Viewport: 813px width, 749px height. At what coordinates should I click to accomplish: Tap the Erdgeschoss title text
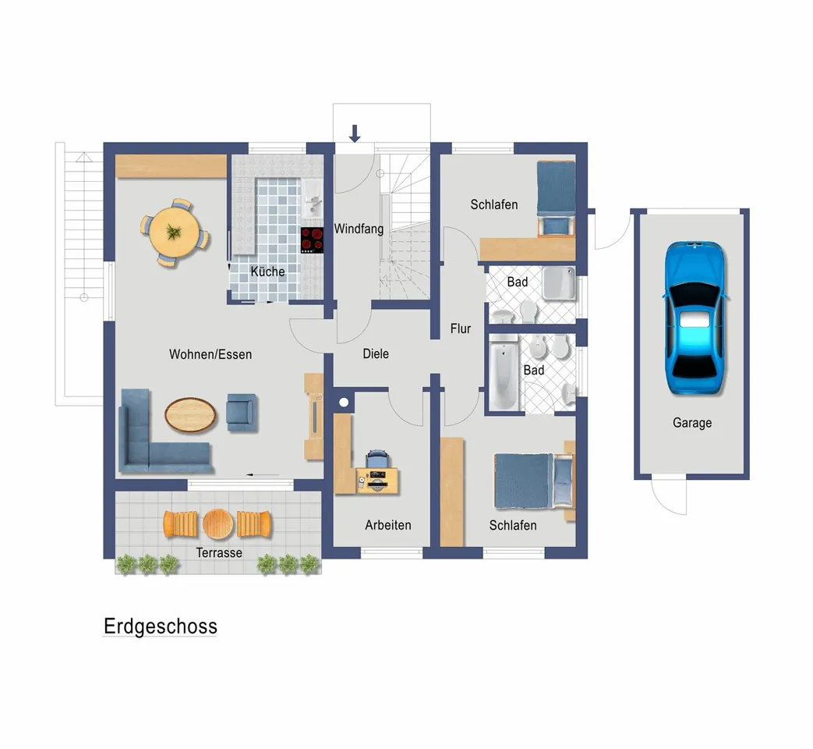[161, 627]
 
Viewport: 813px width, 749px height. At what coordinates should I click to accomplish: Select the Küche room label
[267, 272]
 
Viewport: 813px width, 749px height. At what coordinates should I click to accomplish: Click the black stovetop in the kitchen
[312, 240]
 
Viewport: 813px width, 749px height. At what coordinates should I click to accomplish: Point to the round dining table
[175, 232]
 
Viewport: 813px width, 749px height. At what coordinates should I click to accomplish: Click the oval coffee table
[190, 415]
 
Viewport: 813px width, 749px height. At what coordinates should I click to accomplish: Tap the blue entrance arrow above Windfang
[355, 133]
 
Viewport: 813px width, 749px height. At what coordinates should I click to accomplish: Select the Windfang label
[359, 229]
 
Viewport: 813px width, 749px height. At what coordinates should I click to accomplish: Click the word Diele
[376, 354]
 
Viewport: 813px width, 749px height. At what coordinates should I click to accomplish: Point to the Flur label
[461, 328]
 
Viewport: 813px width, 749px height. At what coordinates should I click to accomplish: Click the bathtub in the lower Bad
[504, 373]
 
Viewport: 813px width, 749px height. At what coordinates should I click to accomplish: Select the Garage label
[692, 423]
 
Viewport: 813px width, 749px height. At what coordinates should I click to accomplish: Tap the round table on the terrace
[218, 524]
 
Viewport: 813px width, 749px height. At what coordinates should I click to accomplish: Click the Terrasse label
[219, 553]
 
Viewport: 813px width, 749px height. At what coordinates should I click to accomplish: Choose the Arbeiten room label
[388, 525]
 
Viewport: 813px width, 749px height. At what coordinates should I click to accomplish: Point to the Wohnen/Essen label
[210, 354]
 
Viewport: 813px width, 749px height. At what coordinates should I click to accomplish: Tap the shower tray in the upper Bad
[559, 283]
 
